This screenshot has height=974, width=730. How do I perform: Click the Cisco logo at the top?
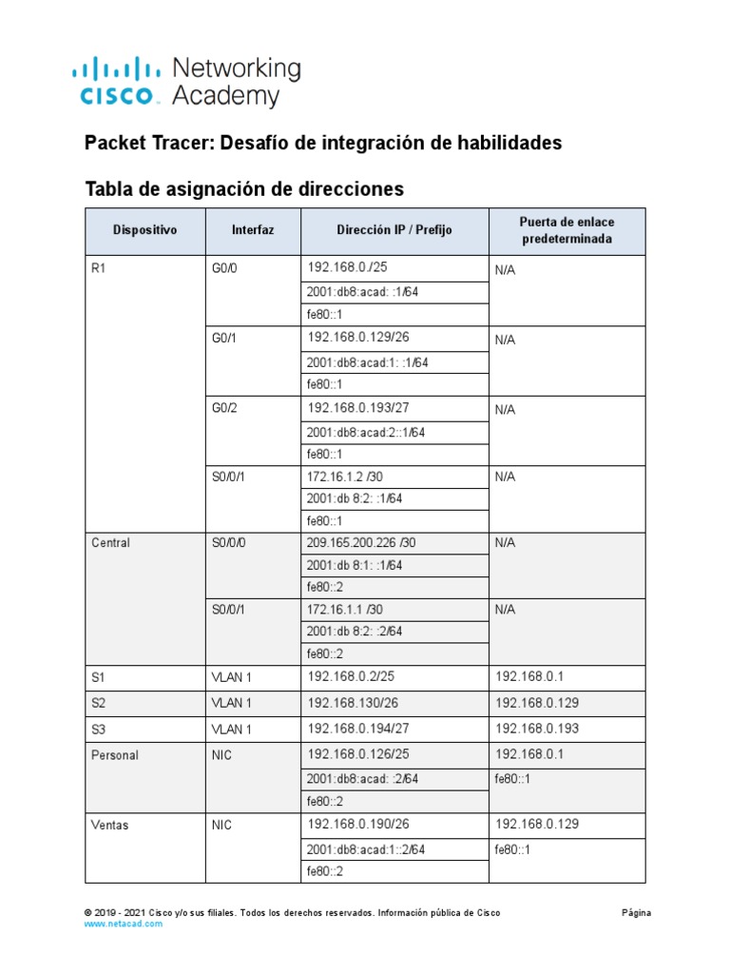(x=114, y=81)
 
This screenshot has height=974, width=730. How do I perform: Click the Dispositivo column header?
(x=144, y=230)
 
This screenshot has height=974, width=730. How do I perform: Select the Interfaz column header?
(x=253, y=230)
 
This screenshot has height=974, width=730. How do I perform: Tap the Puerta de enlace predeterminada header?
(x=566, y=230)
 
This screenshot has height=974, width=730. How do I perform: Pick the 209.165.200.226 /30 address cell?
(x=361, y=543)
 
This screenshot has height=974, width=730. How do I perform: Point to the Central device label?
(x=111, y=543)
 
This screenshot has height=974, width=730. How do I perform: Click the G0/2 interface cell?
(x=224, y=408)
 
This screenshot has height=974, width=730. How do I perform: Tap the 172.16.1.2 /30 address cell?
(x=344, y=477)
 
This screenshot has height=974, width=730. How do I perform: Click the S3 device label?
(x=98, y=729)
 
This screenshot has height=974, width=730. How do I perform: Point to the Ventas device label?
(x=110, y=825)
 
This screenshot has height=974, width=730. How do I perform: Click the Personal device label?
(x=115, y=755)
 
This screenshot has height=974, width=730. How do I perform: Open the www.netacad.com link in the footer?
(x=124, y=924)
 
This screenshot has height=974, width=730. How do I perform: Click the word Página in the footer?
(x=636, y=912)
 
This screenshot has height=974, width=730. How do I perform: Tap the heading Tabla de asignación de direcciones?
(x=244, y=188)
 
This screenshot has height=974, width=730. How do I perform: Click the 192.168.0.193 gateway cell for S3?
(x=537, y=729)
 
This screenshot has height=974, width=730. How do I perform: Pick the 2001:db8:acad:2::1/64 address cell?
(x=366, y=432)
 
